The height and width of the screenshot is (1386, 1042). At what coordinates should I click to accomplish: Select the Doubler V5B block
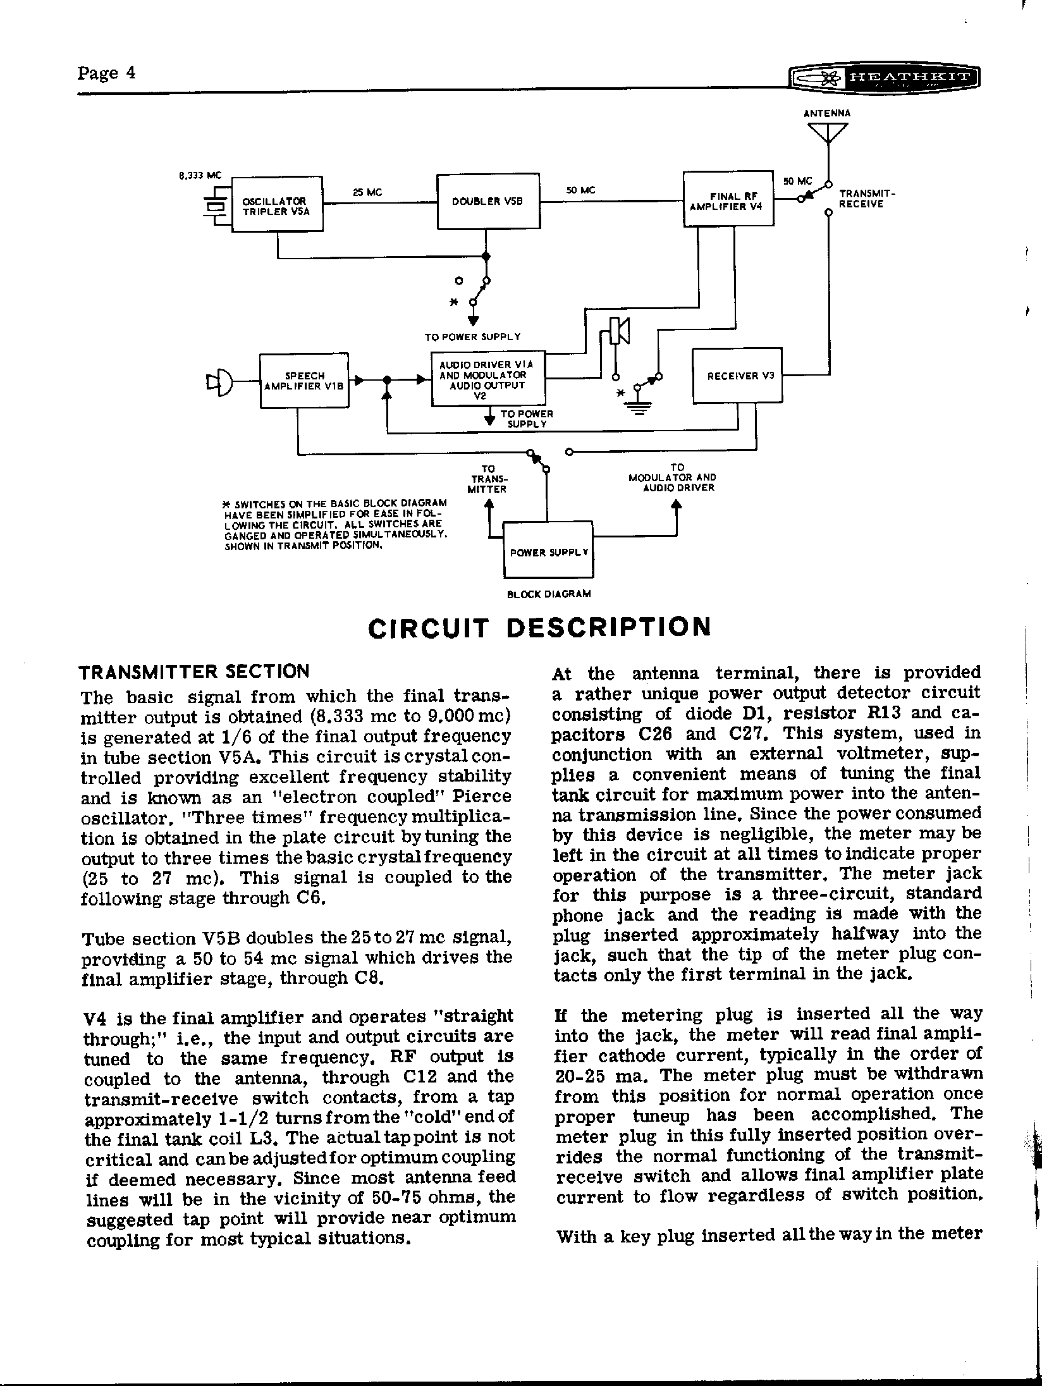(488, 201)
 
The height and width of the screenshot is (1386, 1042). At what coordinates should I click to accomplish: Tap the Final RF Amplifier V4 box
(728, 199)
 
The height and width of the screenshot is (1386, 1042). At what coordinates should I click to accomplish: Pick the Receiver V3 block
(737, 376)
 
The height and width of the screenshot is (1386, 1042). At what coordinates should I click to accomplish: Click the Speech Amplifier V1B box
(304, 381)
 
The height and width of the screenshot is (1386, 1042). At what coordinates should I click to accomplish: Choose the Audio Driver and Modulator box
(487, 378)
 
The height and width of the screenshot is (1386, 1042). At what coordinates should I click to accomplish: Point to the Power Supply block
(548, 549)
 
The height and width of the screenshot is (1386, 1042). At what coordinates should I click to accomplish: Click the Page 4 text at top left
(107, 73)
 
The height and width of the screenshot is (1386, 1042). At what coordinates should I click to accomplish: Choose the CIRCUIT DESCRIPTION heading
(539, 627)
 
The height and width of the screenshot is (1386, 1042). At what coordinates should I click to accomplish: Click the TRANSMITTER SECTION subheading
(194, 671)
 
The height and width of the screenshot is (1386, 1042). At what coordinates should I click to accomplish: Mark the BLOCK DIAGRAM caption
(549, 594)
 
